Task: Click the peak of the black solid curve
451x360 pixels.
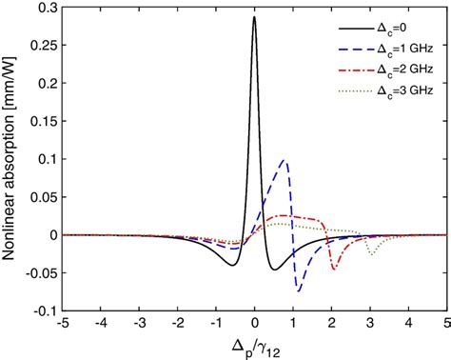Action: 254,17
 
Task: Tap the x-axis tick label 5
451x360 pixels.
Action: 447,325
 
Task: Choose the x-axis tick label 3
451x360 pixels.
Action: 370,325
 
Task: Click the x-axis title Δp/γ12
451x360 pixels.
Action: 253,347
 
